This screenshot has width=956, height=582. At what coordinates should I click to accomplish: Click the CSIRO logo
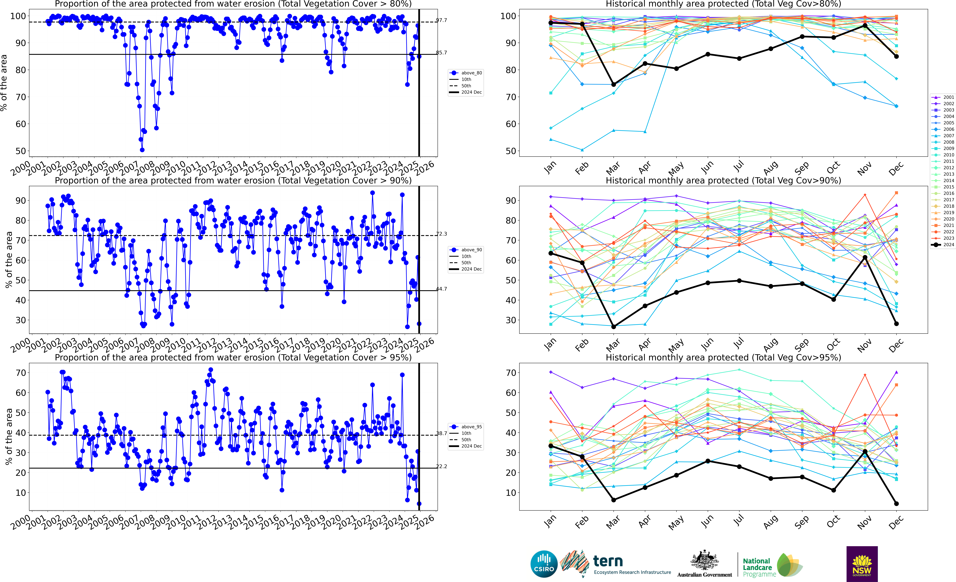544,564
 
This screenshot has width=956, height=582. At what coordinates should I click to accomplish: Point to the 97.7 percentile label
442,20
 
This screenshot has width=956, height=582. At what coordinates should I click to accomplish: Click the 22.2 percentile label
442,466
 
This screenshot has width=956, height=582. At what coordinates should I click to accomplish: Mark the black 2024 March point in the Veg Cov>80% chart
613,85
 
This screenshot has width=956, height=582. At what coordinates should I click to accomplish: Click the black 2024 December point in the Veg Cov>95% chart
896,504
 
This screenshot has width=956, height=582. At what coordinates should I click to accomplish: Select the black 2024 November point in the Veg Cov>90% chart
865,258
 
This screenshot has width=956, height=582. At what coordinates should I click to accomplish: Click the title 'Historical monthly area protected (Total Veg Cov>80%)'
723,4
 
